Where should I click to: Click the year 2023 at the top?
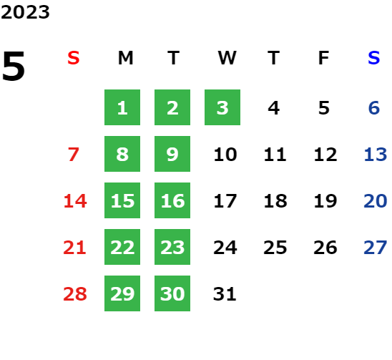(x=25, y=12)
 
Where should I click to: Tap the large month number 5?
(x=14, y=66)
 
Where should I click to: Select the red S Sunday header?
(x=74, y=58)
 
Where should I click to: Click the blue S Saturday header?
(x=374, y=58)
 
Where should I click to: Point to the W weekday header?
(x=227, y=58)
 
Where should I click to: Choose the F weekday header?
(x=324, y=58)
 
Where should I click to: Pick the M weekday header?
(x=125, y=58)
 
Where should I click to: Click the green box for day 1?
(x=122, y=107)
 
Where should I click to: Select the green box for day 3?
(x=222, y=107)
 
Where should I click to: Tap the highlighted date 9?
(x=172, y=154)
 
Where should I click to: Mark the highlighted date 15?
(x=122, y=200)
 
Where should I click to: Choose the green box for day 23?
(x=172, y=247)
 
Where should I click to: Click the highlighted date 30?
(x=172, y=293)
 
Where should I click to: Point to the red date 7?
(x=74, y=155)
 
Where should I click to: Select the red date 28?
(x=75, y=293)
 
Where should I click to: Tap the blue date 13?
(x=376, y=155)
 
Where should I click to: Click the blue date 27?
(x=376, y=248)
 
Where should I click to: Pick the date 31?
(x=225, y=293)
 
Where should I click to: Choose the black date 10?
(x=225, y=155)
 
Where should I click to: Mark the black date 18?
(x=275, y=201)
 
